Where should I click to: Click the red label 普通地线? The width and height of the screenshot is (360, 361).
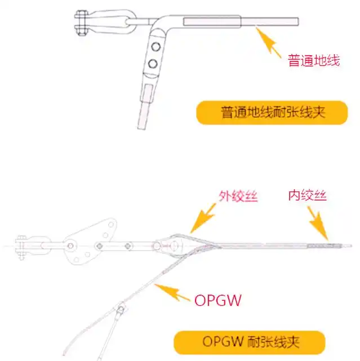314,61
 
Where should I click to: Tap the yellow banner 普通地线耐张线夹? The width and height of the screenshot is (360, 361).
272,113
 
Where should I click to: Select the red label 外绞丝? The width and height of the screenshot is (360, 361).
238,196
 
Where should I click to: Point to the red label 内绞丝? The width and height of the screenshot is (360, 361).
308,195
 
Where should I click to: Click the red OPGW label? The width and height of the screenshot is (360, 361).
218,300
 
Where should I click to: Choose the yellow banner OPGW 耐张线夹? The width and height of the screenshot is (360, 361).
250,342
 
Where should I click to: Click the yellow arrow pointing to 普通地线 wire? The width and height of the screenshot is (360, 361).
268,42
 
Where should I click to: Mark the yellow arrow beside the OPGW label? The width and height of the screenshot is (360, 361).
172,292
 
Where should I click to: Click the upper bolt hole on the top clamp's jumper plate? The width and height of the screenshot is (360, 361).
155,47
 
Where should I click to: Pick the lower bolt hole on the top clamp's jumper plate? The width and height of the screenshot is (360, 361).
153,63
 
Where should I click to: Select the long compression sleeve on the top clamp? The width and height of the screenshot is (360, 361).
212,21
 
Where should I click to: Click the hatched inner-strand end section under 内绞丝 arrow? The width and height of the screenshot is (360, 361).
320,246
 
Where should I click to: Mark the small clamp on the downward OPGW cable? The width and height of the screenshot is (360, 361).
120,310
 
